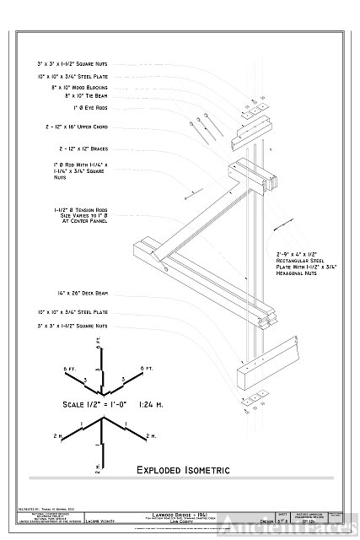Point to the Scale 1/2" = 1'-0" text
[x=98, y=404]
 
